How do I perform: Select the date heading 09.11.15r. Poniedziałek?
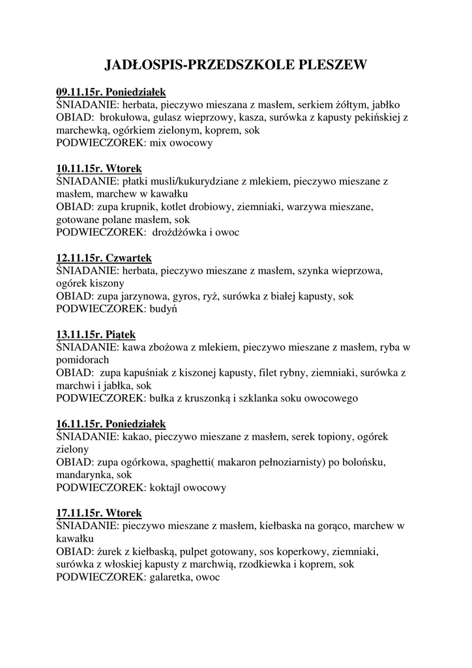[111, 93]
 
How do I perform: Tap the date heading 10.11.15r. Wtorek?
[98, 168]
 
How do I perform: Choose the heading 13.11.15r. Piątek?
[96, 334]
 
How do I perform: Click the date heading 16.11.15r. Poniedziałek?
[111, 423]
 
